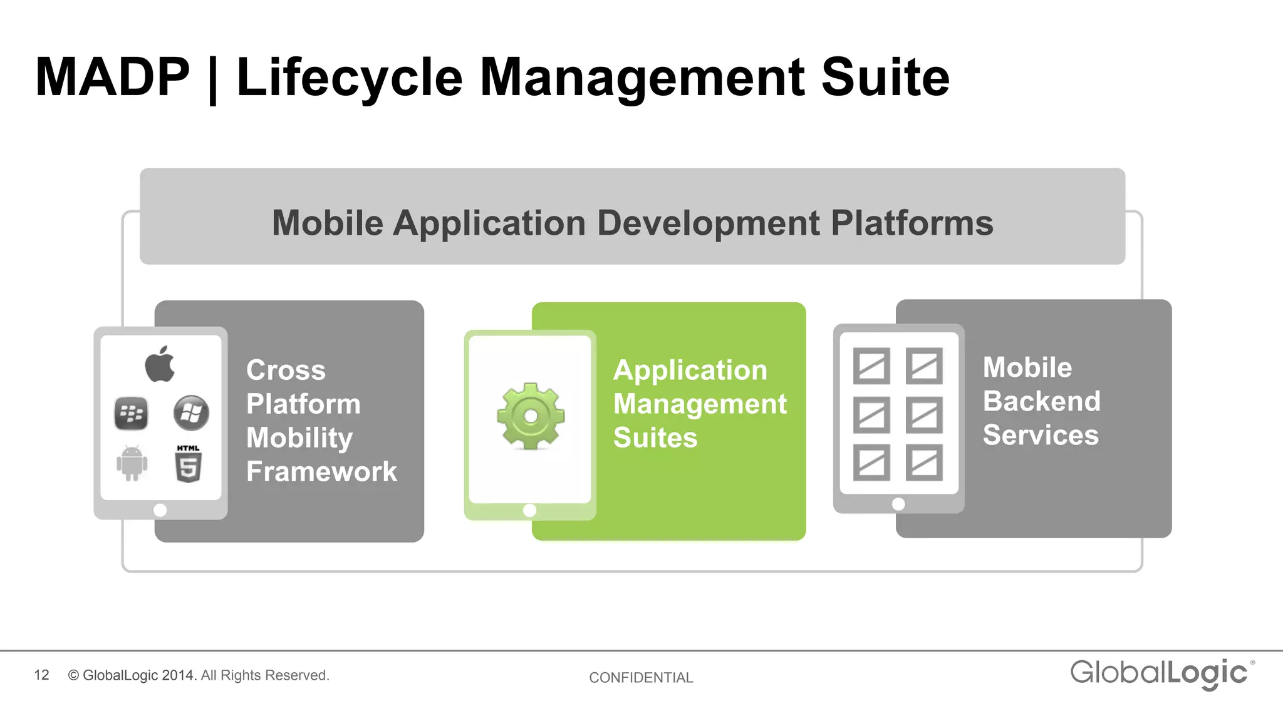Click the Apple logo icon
pyautogui.click(x=160, y=364)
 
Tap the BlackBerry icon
pyautogui.click(x=131, y=414)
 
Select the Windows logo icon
pyautogui.click(x=191, y=413)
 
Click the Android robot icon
pyautogui.click(x=132, y=463)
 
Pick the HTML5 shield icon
pyautogui.click(x=188, y=464)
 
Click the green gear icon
pyautogui.click(x=531, y=416)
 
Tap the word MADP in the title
pyautogui.click(x=112, y=77)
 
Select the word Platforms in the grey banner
pyautogui.click(x=912, y=223)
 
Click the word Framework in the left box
pyautogui.click(x=321, y=471)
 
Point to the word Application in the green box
pyautogui.click(x=690, y=370)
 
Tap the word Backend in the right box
pyautogui.click(x=1041, y=401)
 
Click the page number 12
pyautogui.click(x=41, y=675)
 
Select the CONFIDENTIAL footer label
pyautogui.click(x=641, y=677)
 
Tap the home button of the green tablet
pyautogui.click(x=529, y=510)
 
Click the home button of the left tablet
pyautogui.click(x=160, y=510)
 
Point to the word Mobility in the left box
pyautogui.click(x=299, y=437)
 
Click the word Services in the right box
pyautogui.click(x=1041, y=435)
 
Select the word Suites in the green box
pyautogui.click(x=655, y=437)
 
